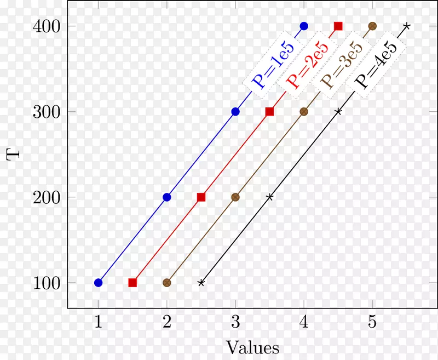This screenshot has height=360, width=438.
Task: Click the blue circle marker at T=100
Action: tap(99, 283)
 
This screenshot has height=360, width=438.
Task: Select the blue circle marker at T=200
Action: tap(167, 197)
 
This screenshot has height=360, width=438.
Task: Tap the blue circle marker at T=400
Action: tap(304, 26)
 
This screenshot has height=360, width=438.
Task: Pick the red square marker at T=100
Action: tap(132, 283)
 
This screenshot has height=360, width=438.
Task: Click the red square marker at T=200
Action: tap(201, 197)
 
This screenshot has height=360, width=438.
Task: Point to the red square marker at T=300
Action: tap(269, 112)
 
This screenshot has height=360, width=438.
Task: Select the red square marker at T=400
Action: tap(338, 26)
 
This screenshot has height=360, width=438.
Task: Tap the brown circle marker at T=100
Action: tap(167, 283)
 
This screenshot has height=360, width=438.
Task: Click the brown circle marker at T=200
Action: tap(235, 197)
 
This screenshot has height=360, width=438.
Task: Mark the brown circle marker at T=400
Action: tap(372, 26)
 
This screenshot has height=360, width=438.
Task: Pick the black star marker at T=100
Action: tap(201, 283)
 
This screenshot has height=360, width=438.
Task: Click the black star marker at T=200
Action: tap(269, 197)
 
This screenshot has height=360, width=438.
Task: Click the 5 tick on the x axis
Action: tap(372, 323)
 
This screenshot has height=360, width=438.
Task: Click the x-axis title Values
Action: tap(252, 347)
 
